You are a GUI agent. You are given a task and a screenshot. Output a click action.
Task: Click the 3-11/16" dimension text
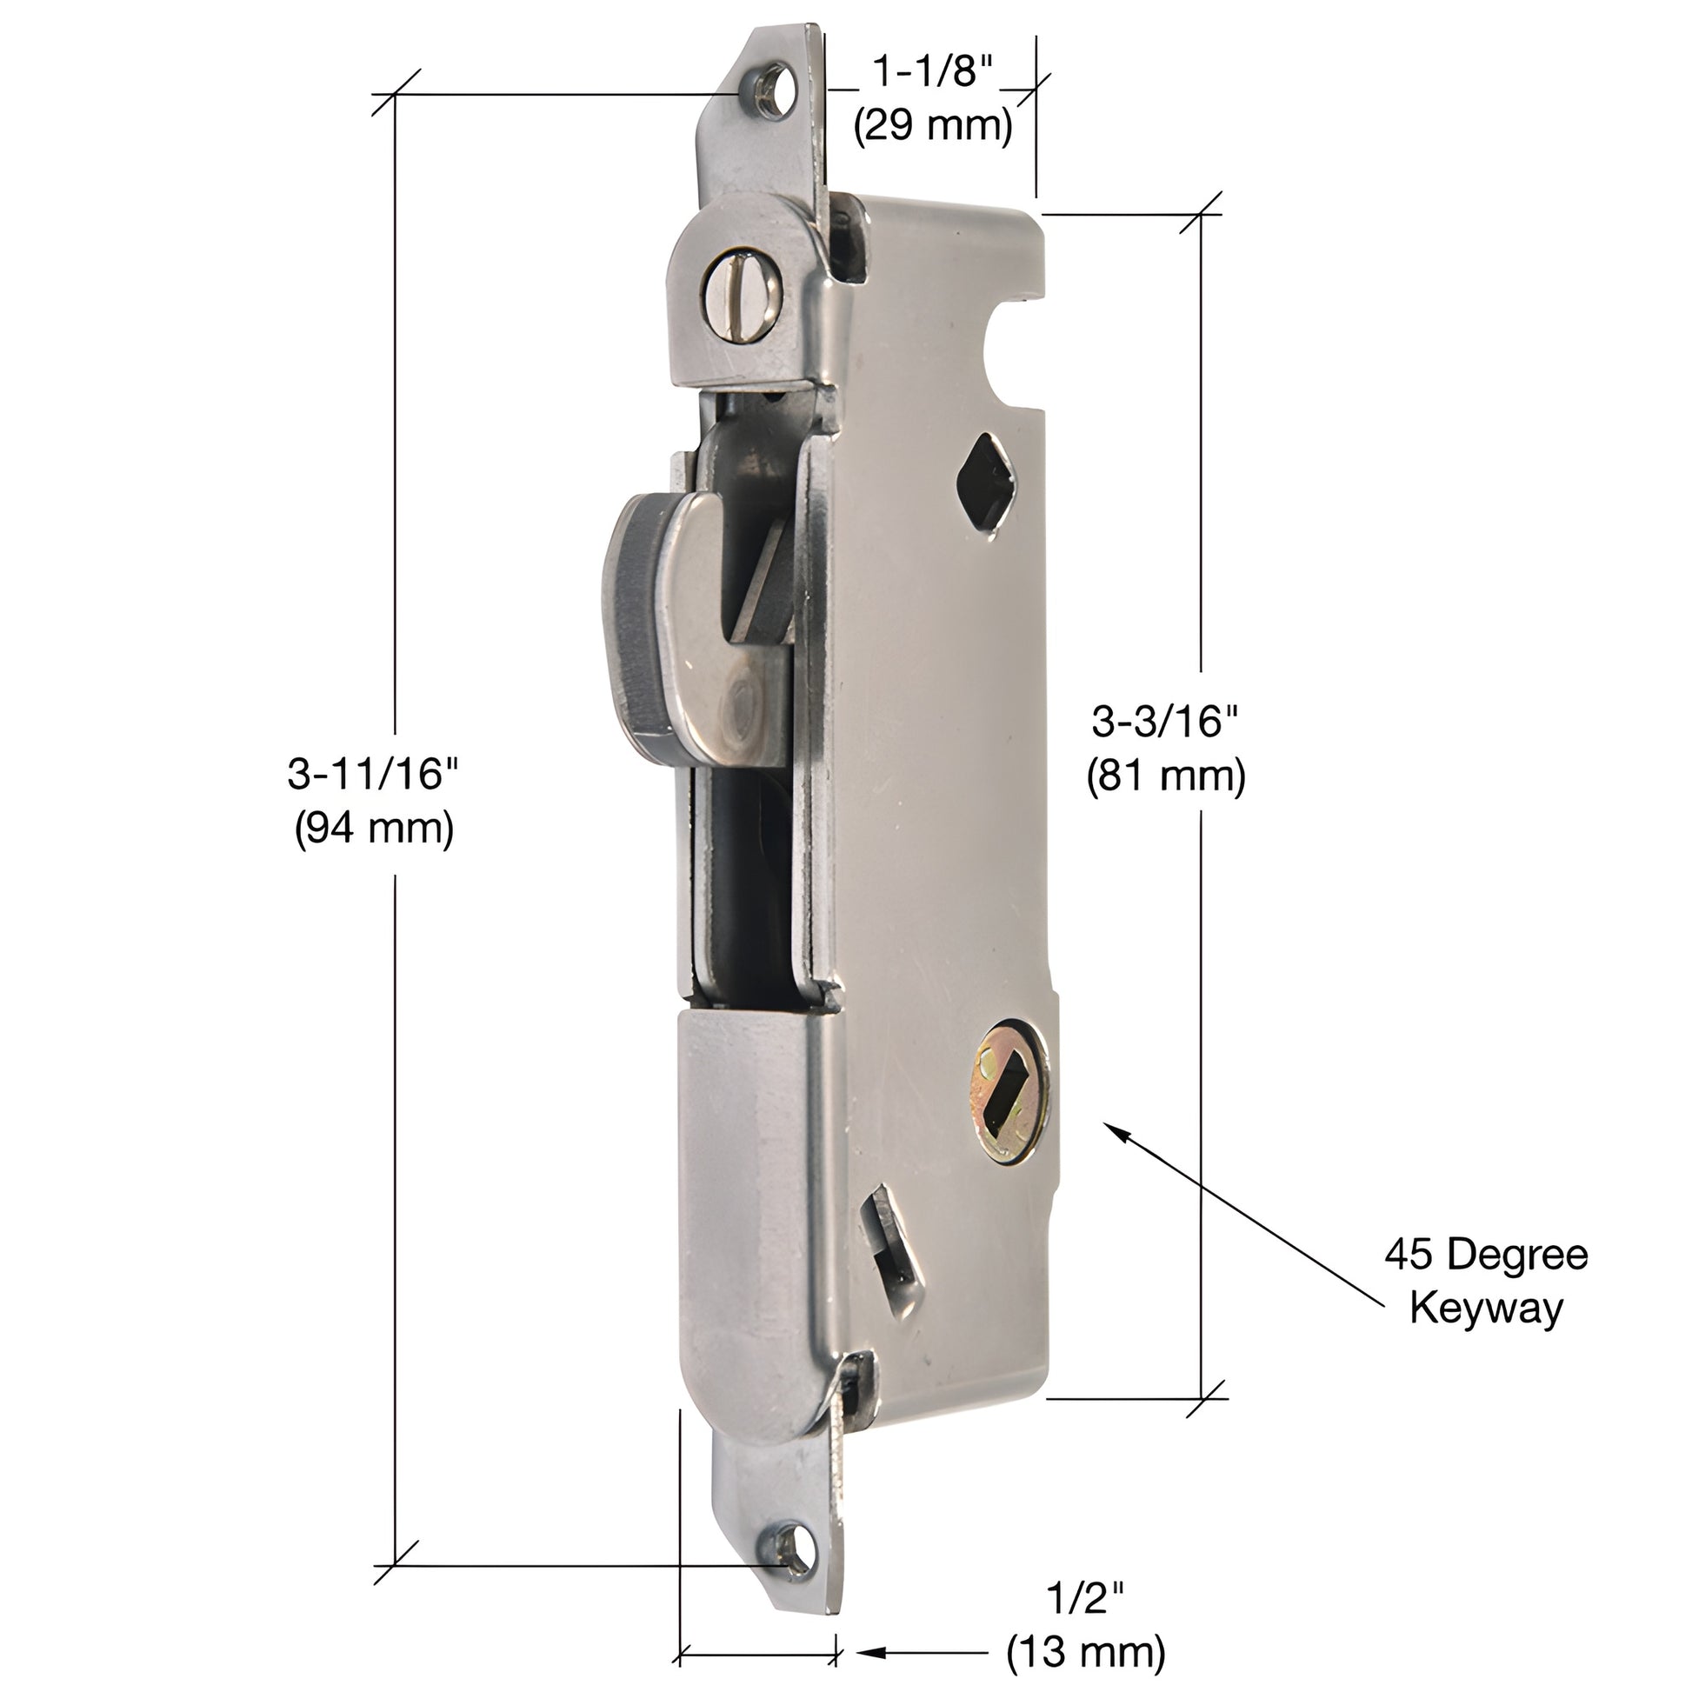point(373,774)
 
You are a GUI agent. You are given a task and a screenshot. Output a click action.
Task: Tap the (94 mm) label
point(374,828)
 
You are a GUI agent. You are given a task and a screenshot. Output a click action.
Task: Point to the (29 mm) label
point(934,125)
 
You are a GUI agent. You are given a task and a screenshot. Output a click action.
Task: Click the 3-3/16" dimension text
point(1166,722)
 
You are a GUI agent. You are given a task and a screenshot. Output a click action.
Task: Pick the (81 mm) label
point(1166,776)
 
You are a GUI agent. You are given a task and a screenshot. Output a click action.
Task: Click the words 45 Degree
point(1486,1254)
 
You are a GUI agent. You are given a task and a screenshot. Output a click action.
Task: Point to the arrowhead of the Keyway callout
point(1116,1129)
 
